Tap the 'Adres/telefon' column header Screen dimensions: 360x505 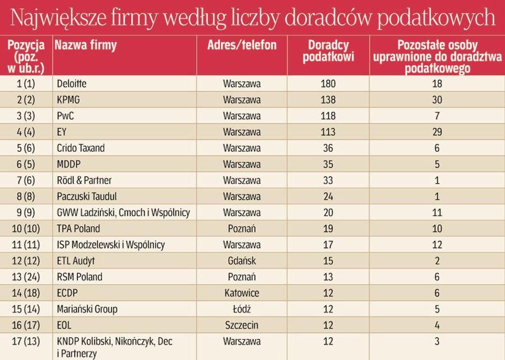pos(242,45)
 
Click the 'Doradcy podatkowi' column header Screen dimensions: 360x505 pos(328,51)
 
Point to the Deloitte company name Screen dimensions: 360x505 pos(72,84)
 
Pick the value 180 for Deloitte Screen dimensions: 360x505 pos(328,84)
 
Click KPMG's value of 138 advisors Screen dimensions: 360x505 pos(328,100)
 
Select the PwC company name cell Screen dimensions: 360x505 pos(66,116)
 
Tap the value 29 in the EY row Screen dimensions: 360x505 pos(437,133)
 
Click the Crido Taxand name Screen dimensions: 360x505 pos(81,148)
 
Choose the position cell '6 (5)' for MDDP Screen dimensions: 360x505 pos(26,165)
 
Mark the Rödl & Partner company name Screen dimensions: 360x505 pos(84,181)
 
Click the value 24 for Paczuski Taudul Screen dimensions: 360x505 pos(328,197)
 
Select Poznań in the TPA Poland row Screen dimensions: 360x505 pos(242,229)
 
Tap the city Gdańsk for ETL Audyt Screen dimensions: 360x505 pos(242,261)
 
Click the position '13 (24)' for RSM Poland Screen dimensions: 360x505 pos(26,277)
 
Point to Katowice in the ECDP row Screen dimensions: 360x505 pos(242,293)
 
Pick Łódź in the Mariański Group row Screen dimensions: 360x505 pos(242,309)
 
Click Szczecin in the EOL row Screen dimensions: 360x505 pos(242,325)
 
